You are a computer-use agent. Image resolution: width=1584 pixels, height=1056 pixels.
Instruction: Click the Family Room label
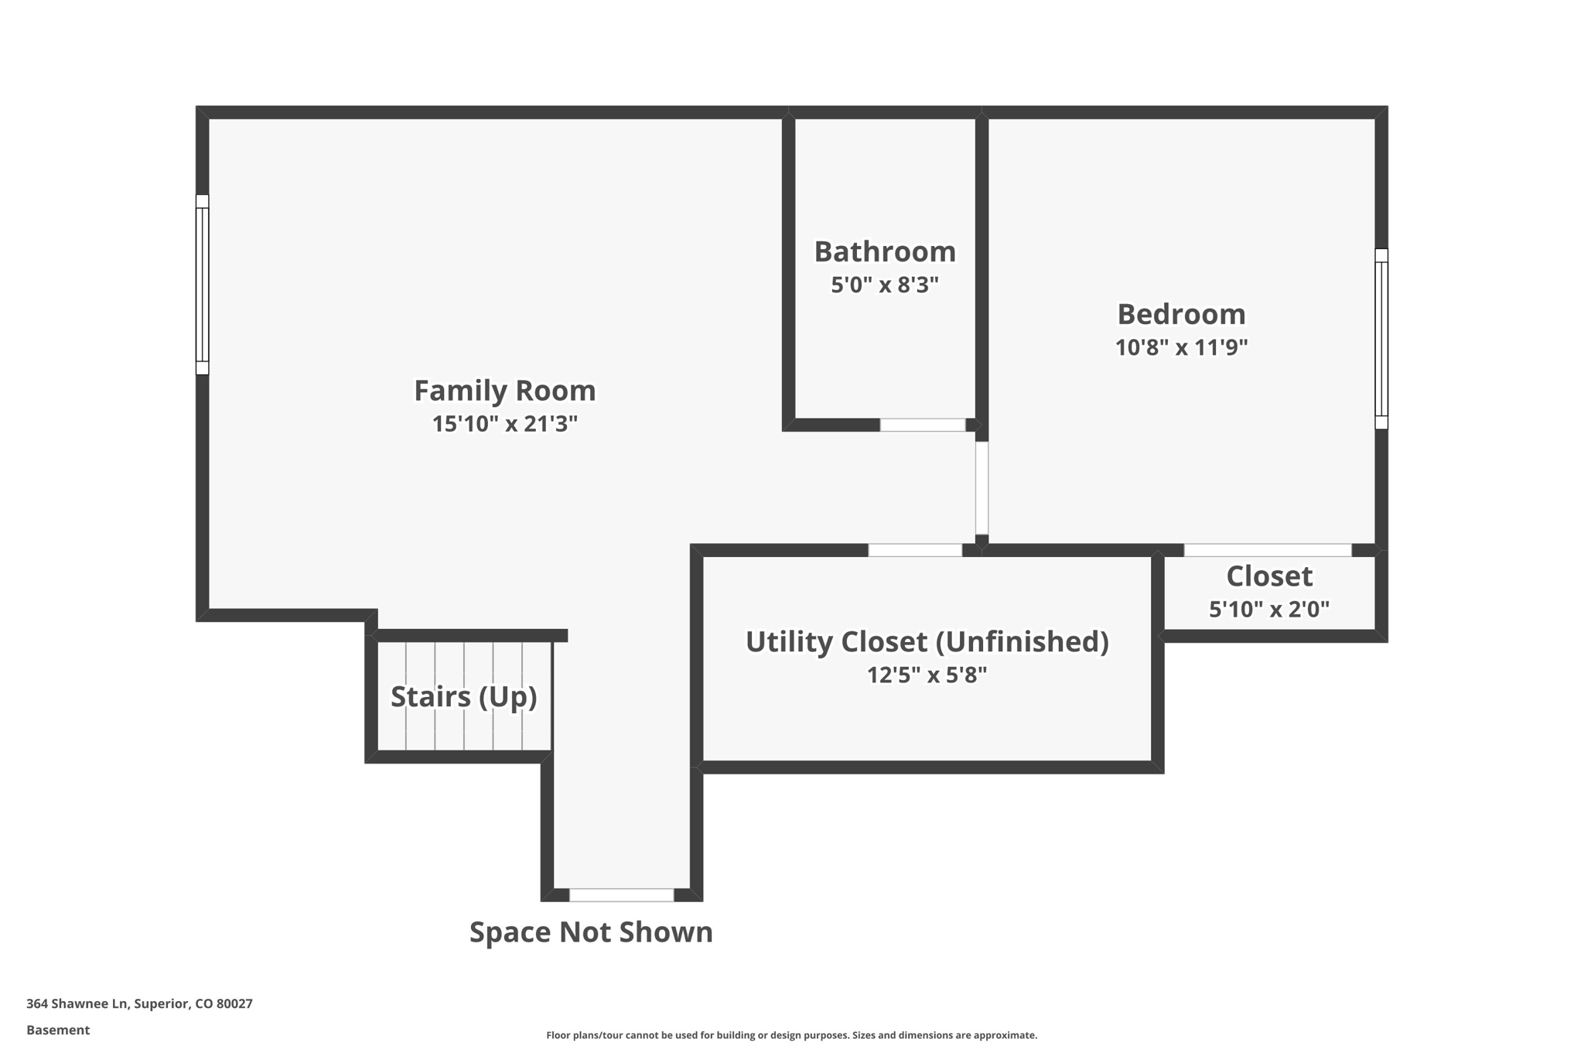(504, 391)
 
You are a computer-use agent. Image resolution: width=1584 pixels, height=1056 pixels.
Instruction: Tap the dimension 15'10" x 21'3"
(504, 424)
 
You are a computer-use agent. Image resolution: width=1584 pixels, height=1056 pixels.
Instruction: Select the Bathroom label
(885, 252)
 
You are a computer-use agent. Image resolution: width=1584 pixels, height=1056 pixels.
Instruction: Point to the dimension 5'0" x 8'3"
(885, 285)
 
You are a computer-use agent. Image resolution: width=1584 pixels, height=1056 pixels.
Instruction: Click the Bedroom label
(1181, 315)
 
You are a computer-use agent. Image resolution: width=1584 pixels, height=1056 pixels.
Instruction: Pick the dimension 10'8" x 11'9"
(1181, 348)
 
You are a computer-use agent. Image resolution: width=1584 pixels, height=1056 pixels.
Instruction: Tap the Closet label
(1269, 576)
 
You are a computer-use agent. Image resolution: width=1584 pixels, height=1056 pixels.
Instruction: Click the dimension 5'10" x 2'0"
(1269, 610)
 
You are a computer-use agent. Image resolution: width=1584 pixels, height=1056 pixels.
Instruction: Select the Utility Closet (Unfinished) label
(927, 642)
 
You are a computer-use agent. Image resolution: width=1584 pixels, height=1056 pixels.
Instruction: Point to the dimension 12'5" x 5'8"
(927, 675)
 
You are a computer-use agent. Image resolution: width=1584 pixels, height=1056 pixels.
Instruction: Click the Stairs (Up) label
(463, 697)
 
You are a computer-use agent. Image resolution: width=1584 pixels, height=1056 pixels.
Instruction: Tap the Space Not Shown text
(591, 932)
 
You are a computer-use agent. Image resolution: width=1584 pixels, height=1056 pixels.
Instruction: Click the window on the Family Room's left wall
(202, 285)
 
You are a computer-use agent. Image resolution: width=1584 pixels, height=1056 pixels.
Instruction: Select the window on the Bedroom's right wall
(1381, 339)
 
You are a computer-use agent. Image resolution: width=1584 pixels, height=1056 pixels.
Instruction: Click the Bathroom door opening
(923, 425)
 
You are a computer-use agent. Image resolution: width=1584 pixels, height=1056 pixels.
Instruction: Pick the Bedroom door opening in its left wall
(981, 487)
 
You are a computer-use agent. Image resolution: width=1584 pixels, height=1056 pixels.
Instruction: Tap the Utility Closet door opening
(915, 550)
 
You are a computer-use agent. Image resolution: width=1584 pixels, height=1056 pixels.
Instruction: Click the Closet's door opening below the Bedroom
(1268, 550)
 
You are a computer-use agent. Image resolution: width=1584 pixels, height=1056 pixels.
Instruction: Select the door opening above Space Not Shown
(622, 895)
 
